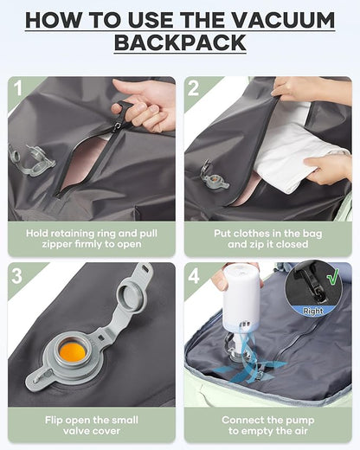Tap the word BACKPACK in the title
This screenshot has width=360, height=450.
[x=179, y=42]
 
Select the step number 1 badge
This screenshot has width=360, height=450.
[x=17, y=87]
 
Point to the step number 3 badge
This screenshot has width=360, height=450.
[x=17, y=274]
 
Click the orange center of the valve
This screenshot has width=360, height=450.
[x=74, y=351]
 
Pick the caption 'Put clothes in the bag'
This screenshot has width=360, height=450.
[x=267, y=240]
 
